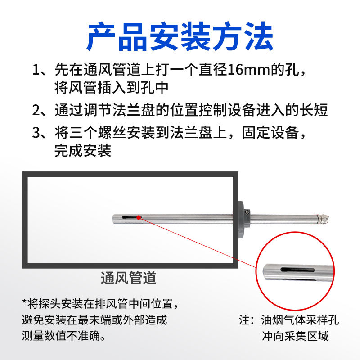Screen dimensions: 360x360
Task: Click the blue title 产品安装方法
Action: pos(180,36)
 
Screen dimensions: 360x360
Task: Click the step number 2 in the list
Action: pos(36,110)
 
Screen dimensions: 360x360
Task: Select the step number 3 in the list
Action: pos(36,133)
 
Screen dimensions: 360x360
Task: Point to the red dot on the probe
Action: pos(139,217)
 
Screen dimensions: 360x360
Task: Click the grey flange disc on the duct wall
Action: pos(240,220)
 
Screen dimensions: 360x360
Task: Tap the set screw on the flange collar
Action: pos(247,212)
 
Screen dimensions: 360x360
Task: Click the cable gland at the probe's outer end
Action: pos(323,219)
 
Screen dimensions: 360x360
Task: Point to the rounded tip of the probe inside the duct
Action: pos(114,219)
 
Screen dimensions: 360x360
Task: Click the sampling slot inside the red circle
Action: pos(297,270)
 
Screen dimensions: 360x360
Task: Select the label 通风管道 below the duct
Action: pos(129,278)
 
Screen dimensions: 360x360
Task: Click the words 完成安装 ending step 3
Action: pos(83,151)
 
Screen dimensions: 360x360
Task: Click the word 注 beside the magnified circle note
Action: pos(244,320)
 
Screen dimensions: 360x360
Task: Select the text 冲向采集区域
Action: pos(295,336)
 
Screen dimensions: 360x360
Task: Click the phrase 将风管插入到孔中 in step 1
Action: pos(112,88)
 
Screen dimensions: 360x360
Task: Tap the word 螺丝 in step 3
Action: pos(112,133)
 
